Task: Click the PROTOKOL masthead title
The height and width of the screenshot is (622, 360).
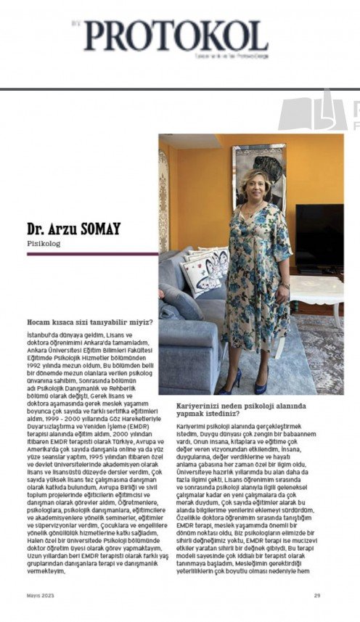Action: (175, 35)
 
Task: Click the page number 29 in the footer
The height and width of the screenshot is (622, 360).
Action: (317, 596)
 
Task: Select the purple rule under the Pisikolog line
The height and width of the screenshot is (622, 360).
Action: (81, 255)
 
